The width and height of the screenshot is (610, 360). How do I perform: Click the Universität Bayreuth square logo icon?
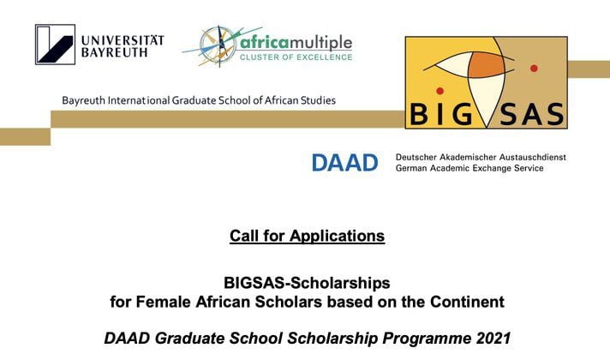(x=55, y=45)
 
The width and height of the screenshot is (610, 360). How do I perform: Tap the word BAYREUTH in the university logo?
(x=115, y=52)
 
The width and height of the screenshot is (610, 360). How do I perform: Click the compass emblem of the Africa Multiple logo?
(x=218, y=46)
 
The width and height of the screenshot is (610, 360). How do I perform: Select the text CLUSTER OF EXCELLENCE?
(x=296, y=57)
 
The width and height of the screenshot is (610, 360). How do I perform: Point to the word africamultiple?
(x=296, y=42)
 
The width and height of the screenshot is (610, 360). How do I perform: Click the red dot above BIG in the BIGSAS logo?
(x=440, y=91)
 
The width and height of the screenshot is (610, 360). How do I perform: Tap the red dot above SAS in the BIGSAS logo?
(x=534, y=68)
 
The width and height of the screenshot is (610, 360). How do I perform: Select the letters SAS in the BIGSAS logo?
(x=531, y=114)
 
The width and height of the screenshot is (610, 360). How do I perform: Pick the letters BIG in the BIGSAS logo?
(x=440, y=114)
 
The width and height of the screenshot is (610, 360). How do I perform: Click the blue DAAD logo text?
(x=344, y=163)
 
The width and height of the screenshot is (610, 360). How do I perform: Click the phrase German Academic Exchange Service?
(x=469, y=168)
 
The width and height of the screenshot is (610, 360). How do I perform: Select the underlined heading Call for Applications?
(x=307, y=236)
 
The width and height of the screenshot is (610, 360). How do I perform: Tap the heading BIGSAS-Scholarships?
(x=307, y=283)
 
